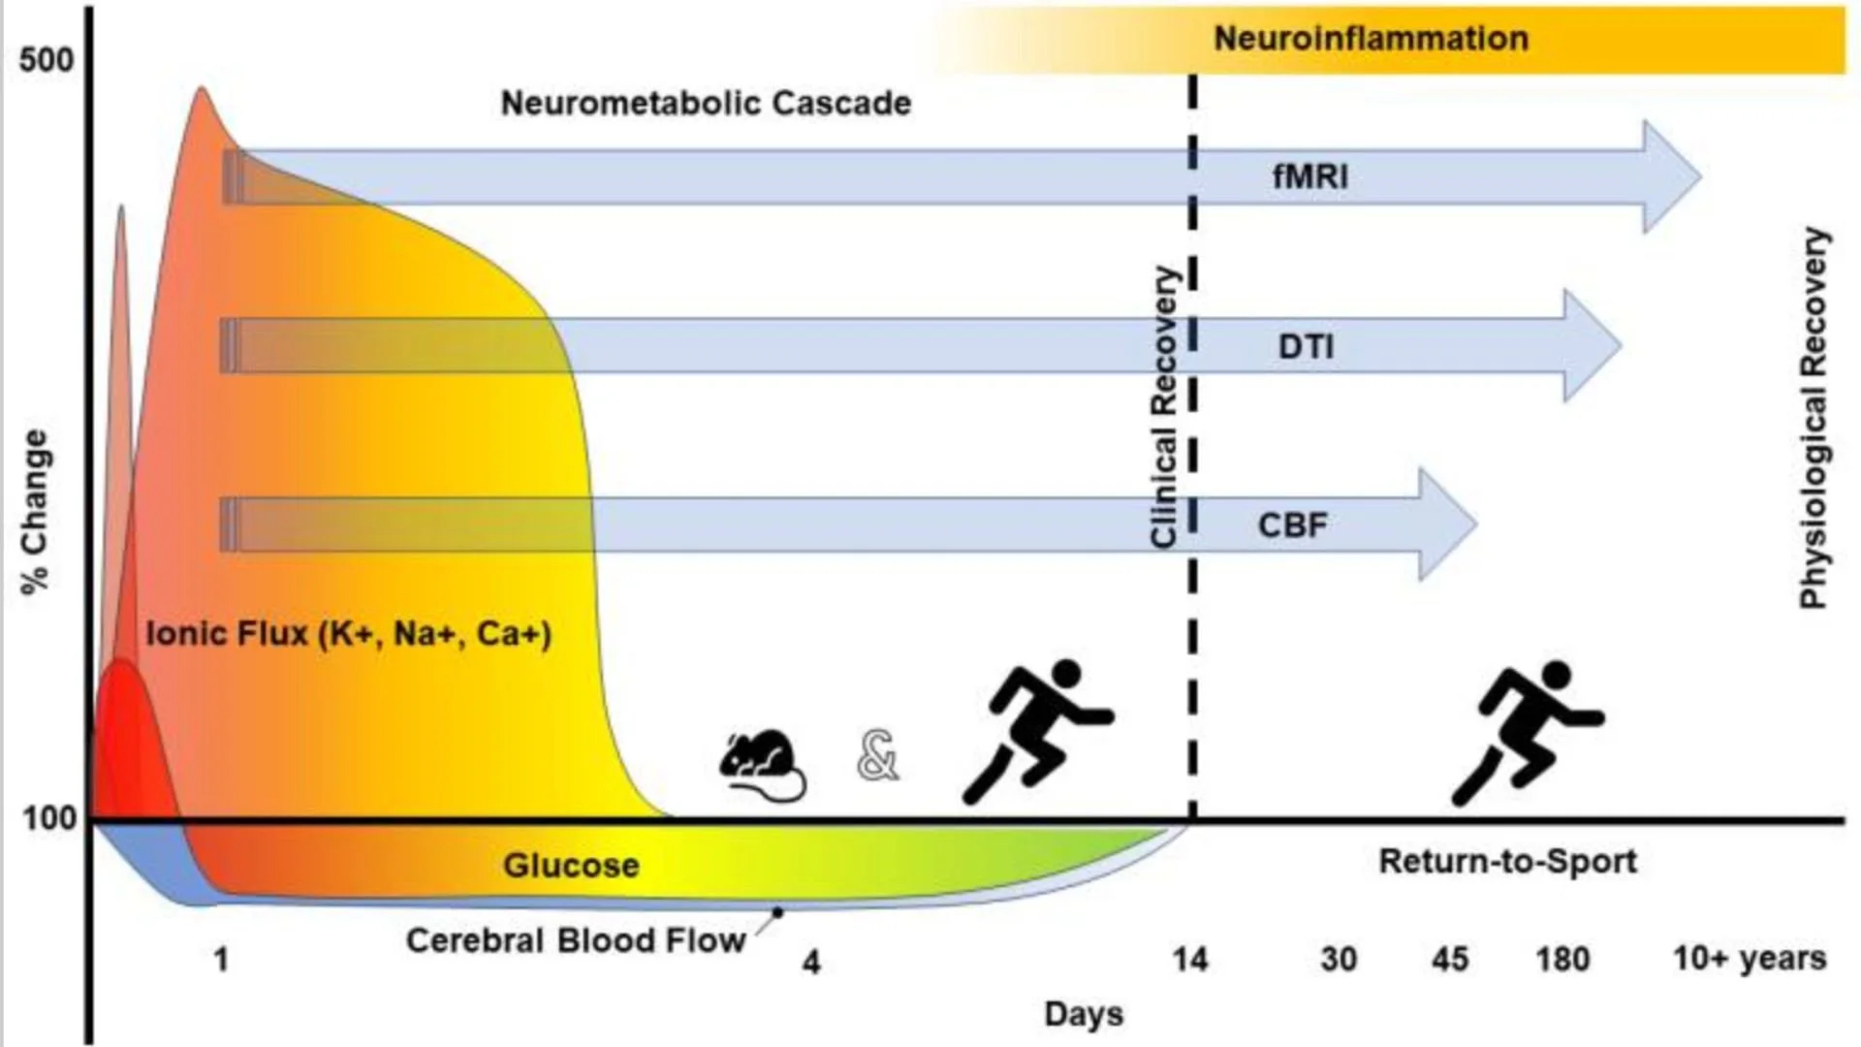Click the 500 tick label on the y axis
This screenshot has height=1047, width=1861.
pyautogui.click(x=46, y=60)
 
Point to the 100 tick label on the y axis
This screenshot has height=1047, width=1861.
pyautogui.click(x=48, y=819)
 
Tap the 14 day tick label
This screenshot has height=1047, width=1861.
pyautogui.click(x=1190, y=960)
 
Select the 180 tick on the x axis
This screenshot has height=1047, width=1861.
pyautogui.click(x=1561, y=960)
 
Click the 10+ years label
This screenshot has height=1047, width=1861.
pyautogui.click(x=1750, y=958)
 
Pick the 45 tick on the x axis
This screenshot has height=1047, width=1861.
pyautogui.click(x=1449, y=960)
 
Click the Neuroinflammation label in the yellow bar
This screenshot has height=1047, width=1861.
pyautogui.click(x=1371, y=39)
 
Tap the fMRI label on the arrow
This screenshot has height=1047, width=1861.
pyautogui.click(x=1309, y=176)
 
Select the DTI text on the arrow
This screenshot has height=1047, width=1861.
pyautogui.click(x=1306, y=346)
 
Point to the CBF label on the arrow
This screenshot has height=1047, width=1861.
pyautogui.click(x=1292, y=524)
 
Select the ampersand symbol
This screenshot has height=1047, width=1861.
pyautogui.click(x=878, y=757)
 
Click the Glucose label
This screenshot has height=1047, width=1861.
pyautogui.click(x=571, y=866)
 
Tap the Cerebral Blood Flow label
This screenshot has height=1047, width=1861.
pyautogui.click(x=576, y=940)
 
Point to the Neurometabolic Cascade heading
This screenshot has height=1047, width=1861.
pyautogui.click(x=706, y=103)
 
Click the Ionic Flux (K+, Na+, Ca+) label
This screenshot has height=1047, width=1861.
pyautogui.click(x=349, y=634)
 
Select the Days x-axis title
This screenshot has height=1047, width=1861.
pyautogui.click(x=1084, y=1014)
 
